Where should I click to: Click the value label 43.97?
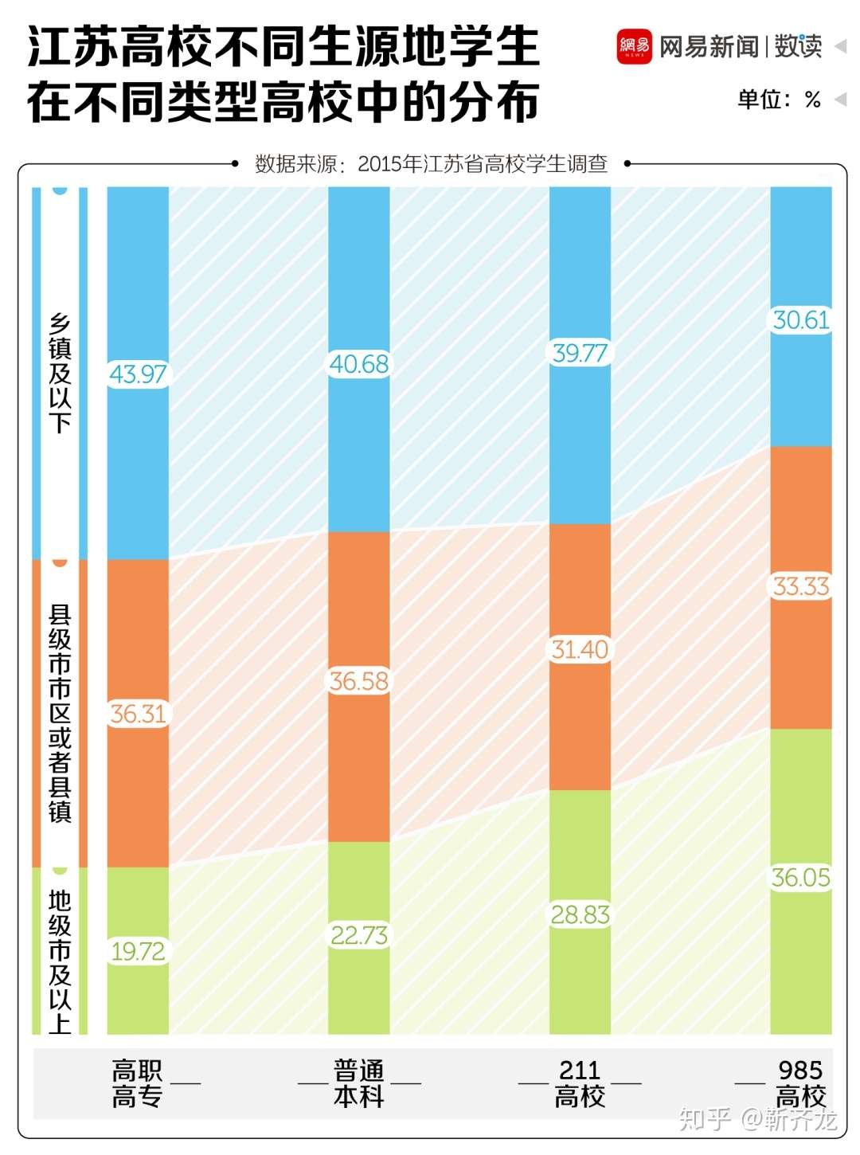click(x=138, y=374)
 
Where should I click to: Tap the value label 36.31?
click(x=138, y=714)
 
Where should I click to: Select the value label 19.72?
click(x=138, y=951)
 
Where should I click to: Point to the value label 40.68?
click(x=359, y=364)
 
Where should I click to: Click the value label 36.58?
click(x=359, y=681)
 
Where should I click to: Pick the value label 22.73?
click(x=359, y=935)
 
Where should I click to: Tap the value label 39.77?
click(x=580, y=353)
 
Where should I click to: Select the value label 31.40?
click(x=580, y=649)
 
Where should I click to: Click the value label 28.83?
click(x=580, y=914)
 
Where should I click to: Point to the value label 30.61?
click(x=801, y=320)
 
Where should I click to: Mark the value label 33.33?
click(x=801, y=586)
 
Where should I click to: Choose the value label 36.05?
click(x=801, y=878)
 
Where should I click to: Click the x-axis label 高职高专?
click(x=137, y=1083)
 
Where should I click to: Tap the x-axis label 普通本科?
click(x=359, y=1083)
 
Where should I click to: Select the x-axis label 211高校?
click(x=580, y=1083)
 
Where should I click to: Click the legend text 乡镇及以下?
click(x=60, y=373)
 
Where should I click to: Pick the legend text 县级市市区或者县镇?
click(x=60, y=713)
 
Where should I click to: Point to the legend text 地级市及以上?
click(x=60, y=961)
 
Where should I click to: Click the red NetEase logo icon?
click(x=635, y=47)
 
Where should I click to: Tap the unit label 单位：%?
click(x=779, y=100)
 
